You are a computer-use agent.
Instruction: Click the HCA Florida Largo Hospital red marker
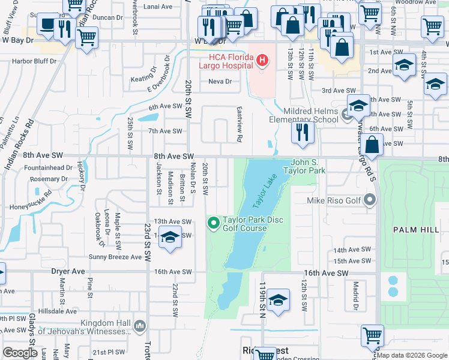pyautogui.click(x=262, y=60)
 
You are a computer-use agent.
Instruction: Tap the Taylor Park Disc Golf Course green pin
pyautogui.click(x=213, y=224)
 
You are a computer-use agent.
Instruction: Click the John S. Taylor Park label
pyautogui.click(x=308, y=166)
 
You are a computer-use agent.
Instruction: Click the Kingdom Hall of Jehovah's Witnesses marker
pyautogui.click(x=140, y=326)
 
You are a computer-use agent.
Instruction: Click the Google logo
pyautogui.click(x=20, y=353)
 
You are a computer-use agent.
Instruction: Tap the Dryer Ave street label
pyautogui.click(x=68, y=271)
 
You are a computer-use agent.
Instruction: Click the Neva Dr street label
pyautogui.click(x=220, y=82)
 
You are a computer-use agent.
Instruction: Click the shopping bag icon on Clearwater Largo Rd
pyautogui.click(x=372, y=146)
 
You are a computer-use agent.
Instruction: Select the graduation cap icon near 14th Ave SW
pyautogui.click(x=170, y=237)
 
